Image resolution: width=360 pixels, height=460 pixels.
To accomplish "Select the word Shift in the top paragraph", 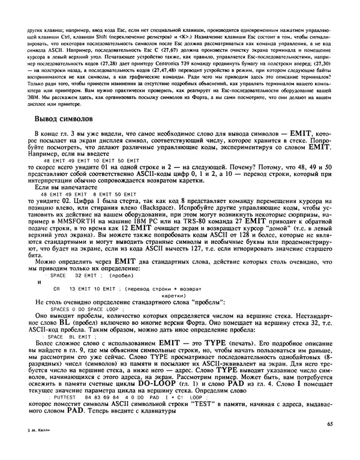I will [113, 34].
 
